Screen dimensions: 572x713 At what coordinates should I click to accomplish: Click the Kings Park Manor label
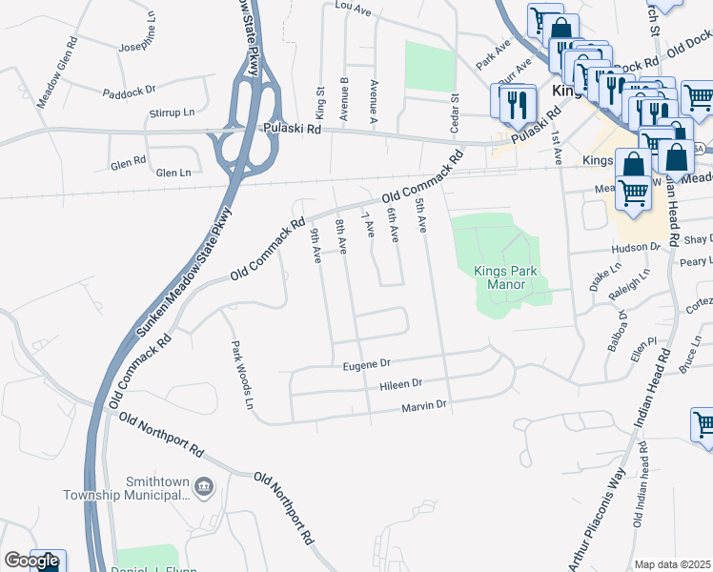(x=505, y=277)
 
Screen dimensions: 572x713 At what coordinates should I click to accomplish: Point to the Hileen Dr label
(x=401, y=383)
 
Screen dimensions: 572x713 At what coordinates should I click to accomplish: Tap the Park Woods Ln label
(x=241, y=375)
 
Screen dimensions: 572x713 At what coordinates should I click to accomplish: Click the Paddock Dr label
(x=130, y=91)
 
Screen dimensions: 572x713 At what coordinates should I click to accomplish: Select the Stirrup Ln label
(x=172, y=112)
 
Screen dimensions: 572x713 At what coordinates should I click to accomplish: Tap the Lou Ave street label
(x=351, y=6)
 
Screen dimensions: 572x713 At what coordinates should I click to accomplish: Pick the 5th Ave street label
(x=419, y=214)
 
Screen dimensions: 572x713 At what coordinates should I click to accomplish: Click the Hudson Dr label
(x=642, y=246)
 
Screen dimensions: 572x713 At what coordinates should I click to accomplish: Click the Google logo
(x=31, y=561)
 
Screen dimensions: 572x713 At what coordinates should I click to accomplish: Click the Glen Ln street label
(x=173, y=173)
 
